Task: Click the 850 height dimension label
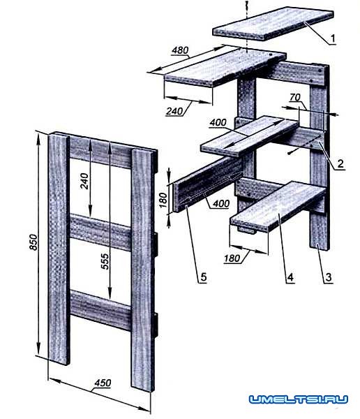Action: click(x=33, y=242)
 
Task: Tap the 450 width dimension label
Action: click(x=103, y=383)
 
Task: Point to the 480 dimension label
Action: click(x=180, y=50)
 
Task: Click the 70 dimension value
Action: click(x=295, y=97)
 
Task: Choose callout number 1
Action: click(x=333, y=39)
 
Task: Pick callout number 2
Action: click(x=340, y=163)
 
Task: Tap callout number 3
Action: click(x=329, y=277)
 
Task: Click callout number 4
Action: click(x=290, y=277)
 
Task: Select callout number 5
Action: click(x=203, y=277)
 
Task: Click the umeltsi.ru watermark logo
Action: click(x=299, y=399)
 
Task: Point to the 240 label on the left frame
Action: click(x=84, y=181)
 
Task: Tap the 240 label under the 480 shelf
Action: click(x=174, y=111)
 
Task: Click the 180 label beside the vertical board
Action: click(x=163, y=200)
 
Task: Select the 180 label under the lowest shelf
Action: click(x=232, y=258)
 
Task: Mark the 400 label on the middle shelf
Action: click(x=218, y=123)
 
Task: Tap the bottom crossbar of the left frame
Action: click(x=100, y=310)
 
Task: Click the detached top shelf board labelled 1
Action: click(x=273, y=24)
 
